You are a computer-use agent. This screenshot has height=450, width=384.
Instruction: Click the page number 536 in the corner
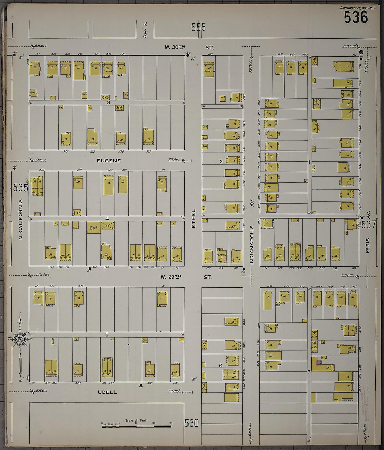[x=356, y=17]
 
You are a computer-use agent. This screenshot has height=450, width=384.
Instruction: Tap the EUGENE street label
[x=109, y=161]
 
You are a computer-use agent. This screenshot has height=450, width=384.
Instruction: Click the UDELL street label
[x=107, y=392]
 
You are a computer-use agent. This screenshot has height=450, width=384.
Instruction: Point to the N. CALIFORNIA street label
[x=21, y=219]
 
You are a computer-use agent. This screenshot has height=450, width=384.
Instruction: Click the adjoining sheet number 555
[x=198, y=27]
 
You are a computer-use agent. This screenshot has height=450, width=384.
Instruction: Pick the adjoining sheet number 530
[x=191, y=423]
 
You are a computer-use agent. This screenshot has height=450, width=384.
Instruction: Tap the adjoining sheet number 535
[x=20, y=188]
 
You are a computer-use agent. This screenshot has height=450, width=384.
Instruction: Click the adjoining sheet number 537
[x=369, y=224]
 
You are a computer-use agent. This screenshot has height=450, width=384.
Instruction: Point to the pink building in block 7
[x=319, y=363]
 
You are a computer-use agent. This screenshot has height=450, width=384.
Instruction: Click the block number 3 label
[x=108, y=103]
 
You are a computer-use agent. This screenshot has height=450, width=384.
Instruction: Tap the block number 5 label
[x=107, y=334]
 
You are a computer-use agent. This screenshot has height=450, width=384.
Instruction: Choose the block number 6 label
[x=220, y=366]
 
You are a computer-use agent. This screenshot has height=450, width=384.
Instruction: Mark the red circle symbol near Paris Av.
[x=361, y=52]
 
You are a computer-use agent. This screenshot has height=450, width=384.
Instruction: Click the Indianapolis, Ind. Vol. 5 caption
[x=357, y=8]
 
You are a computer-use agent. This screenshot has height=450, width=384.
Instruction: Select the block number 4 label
[x=107, y=219]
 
